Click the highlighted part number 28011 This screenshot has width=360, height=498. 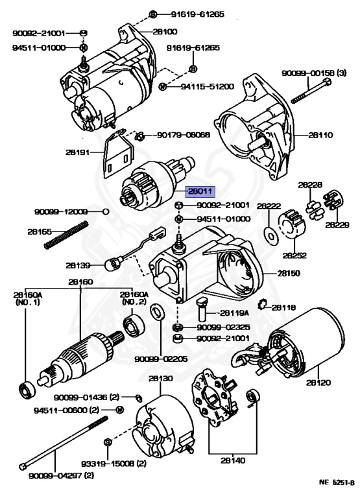tap(200, 191)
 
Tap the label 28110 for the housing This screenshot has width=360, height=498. tap(320, 135)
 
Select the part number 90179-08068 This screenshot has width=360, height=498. tap(184, 135)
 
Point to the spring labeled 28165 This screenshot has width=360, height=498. tap(66, 235)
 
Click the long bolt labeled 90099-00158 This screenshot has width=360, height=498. tap(311, 91)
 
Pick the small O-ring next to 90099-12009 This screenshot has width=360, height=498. tap(106, 211)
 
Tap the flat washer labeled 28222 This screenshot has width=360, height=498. tap(271, 236)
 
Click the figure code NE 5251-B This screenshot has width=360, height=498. tap(337, 483)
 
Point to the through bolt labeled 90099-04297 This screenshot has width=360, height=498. tap(64, 442)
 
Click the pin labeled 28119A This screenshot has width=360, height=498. tap(202, 309)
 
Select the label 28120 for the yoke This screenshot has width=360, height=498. tap(318, 383)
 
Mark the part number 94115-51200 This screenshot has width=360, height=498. tap(207, 86)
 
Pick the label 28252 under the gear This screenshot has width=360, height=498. tap(294, 255)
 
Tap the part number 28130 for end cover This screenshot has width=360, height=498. tap(161, 378)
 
